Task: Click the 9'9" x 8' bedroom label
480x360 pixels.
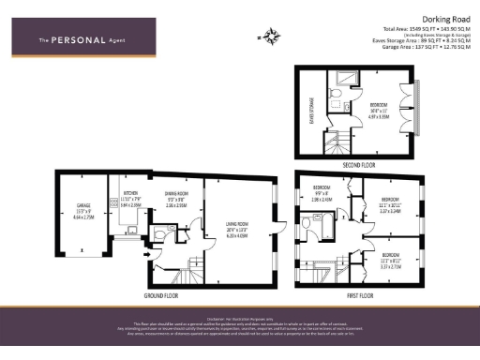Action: (x=322, y=196)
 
